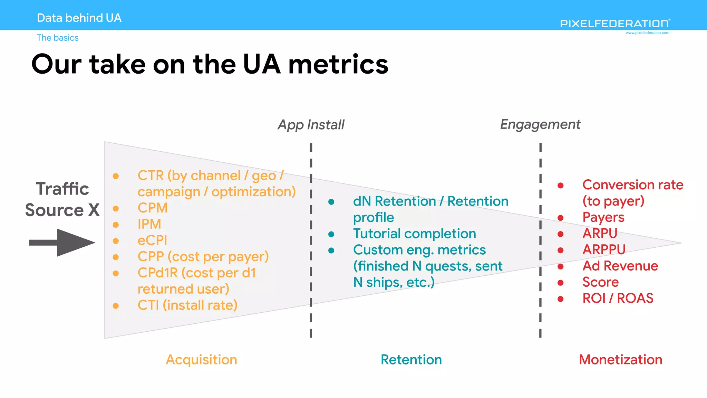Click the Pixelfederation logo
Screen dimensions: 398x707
tap(615, 23)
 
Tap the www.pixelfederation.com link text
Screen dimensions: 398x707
tap(647, 33)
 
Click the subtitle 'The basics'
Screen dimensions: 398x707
tap(58, 38)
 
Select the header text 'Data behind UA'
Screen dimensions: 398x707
tap(79, 18)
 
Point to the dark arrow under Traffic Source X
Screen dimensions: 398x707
tap(62, 243)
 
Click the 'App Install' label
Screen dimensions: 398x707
tap(311, 125)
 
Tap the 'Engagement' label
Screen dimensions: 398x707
tap(540, 124)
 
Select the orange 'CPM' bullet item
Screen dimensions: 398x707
tap(153, 208)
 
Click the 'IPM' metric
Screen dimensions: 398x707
tap(149, 224)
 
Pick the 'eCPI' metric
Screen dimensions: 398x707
tap(152, 240)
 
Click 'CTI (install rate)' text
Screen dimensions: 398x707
tap(187, 305)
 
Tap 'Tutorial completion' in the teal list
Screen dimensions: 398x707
tap(414, 234)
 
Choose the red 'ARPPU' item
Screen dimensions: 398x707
tap(604, 249)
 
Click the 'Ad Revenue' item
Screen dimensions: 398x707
tap(620, 266)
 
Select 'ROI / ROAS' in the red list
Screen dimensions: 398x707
tap(618, 298)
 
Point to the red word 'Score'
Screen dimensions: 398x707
tap(600, 282)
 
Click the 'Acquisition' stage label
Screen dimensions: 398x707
tap(201, 360)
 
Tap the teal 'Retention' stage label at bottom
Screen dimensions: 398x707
tap(411, 360)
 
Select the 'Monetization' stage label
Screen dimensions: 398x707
tap(620, 360)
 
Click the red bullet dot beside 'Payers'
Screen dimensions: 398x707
tap(561, 218)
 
